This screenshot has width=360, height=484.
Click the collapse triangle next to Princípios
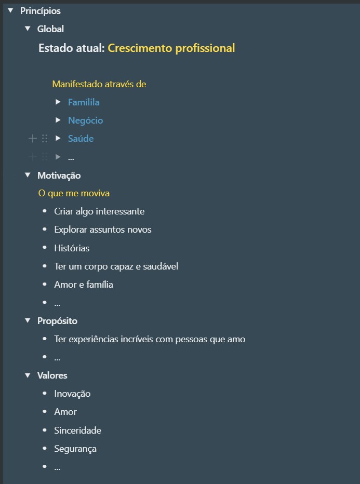[x=11, y=10]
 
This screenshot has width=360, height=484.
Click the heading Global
[x=50, y=29]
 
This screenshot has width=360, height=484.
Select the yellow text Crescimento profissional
[x=171, y=48]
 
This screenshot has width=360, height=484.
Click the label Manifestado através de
[x=99, y=84]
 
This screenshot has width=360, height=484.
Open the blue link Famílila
[x=84, y=102]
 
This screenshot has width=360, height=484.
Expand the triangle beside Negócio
[x=58, y=120]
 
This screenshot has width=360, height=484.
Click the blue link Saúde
[x=81, y=139]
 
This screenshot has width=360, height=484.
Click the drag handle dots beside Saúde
[x=45, y=139]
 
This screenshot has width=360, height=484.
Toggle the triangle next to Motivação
[x=28, y=175]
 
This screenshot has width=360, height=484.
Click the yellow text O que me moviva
[x=74, y=193]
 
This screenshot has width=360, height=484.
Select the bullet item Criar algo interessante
[x=99, y=211]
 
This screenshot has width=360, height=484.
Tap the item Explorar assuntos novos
[x=103, y=230]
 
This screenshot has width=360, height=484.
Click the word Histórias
[x=72, y=248]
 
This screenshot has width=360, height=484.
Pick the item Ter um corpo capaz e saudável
[x=116, y=266]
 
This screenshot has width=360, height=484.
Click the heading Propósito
[x=58, y=321]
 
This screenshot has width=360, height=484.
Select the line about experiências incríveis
[x=150, y=339]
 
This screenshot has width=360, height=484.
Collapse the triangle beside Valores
[x=28, y=375]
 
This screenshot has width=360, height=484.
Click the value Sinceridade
[x=78, y=431]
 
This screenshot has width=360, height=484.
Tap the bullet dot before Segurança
[x=45, y=448]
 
